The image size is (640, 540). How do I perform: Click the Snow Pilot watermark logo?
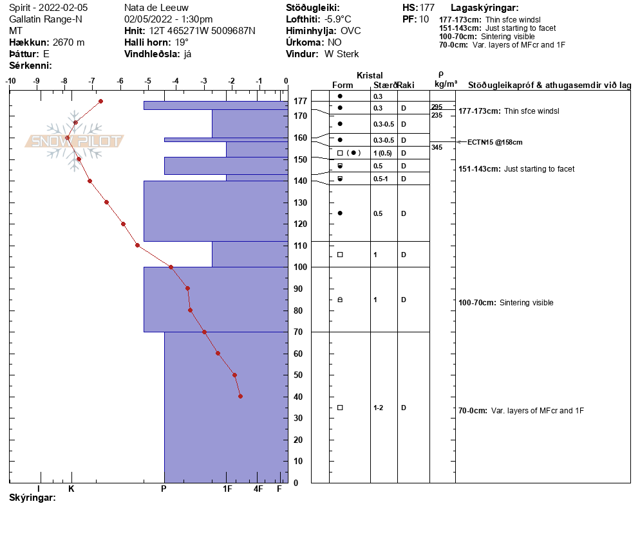[x=74, y=141]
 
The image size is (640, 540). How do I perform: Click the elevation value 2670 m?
[x=68, y=42]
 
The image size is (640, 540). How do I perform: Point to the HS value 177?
[x=427, y=8]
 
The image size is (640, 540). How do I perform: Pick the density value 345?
[x=437, y=148]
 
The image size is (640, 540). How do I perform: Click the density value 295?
[x=437, y=107]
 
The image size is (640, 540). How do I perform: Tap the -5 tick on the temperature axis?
[x=148, y=81]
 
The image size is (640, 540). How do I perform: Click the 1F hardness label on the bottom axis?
[x=227, y=489]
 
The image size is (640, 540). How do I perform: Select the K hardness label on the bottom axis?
[x=71, y=489]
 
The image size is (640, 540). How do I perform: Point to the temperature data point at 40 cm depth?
[x=240, y=396]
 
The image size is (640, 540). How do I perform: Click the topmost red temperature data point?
[x=100, y=101]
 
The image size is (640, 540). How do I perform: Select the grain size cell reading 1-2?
[x=379, y=408]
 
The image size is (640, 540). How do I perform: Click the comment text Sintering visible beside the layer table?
[x=526, y=303]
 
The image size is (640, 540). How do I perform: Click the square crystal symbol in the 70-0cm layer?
[x=340, y=408]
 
